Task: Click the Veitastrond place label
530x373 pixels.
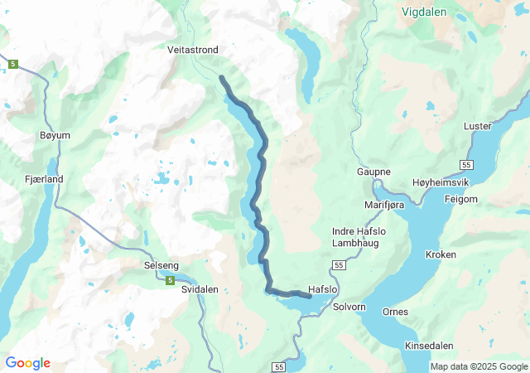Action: pos(193,51)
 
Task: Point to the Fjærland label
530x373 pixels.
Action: pos(44,179)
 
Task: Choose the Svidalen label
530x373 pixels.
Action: pos(200,289)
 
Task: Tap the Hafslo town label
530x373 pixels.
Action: pos(323,289)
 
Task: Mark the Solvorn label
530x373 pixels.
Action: pos(349,308)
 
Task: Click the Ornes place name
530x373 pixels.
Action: pos(395,312)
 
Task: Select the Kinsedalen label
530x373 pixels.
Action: pos(430,345)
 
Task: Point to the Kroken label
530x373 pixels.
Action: pos(441,255)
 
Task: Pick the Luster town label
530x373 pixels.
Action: pos(478,126)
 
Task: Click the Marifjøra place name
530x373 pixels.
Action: pos(383,204)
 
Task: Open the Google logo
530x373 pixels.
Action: pos(27,363)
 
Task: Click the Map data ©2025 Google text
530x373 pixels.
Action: pos(478,366)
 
